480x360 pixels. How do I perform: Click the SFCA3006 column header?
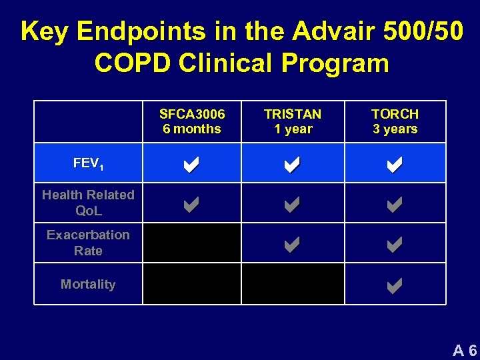pos(192,121)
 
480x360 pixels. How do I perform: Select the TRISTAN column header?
pos(293,121)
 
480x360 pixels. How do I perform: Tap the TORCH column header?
pos(395,121)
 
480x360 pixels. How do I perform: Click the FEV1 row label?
pos(88,163)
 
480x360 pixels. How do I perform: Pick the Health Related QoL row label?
pos(88,203)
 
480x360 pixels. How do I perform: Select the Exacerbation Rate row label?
pos(88,243)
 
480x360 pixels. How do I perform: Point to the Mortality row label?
pos(88,284)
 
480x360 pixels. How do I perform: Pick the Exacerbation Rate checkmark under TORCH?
pos(394,245)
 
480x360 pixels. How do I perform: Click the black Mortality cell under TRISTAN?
pos(293,284)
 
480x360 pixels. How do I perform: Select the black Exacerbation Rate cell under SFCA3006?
pos(192,243)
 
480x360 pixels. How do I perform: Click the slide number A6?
pos(465,350)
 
